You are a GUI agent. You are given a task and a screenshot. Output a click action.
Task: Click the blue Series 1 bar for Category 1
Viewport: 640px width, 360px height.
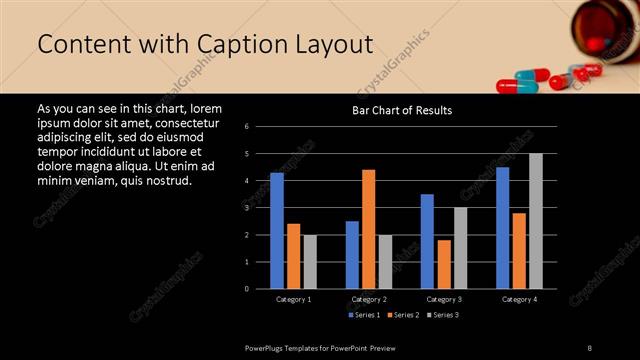(x=277, y=230)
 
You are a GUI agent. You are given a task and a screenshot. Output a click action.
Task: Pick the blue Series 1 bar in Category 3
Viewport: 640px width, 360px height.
(x=427, y=241)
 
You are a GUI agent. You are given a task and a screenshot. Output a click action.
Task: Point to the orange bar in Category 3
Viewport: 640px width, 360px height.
(x=443, y=264)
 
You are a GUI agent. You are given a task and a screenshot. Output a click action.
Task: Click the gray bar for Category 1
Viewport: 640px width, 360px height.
(x=309, y=261)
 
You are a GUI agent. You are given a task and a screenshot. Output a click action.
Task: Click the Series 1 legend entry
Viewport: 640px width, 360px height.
(x=365, y=315)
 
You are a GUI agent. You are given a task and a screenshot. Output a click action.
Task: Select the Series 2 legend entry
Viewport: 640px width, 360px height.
(x=403, y=315)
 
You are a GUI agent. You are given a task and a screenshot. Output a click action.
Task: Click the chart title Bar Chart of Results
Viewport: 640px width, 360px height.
(x=402, y=110)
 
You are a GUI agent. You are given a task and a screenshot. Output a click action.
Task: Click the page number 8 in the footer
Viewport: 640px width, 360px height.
(x=589, y=347)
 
